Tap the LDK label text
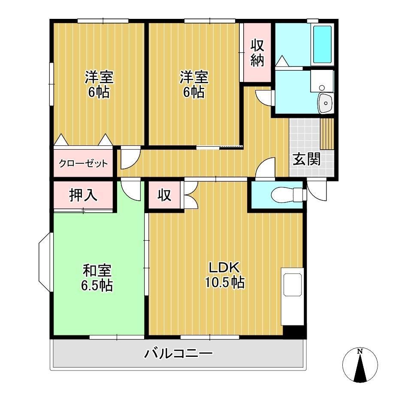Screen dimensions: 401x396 [x=224, y=267]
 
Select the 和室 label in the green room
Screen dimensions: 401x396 [x=97, y=271]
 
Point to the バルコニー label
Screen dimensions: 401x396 [x=178, y=354]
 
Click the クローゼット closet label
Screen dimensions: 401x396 [x=83, y=163]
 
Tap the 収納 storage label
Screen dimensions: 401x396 [x=257, y=52]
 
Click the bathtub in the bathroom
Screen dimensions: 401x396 [x=322, y=44]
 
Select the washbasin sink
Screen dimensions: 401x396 [x=326, y=103]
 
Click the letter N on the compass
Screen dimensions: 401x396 [x=360, y=352]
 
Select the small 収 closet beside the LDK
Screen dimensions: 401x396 [x=164, y=196]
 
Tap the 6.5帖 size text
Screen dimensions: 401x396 [x=97, y=285]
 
